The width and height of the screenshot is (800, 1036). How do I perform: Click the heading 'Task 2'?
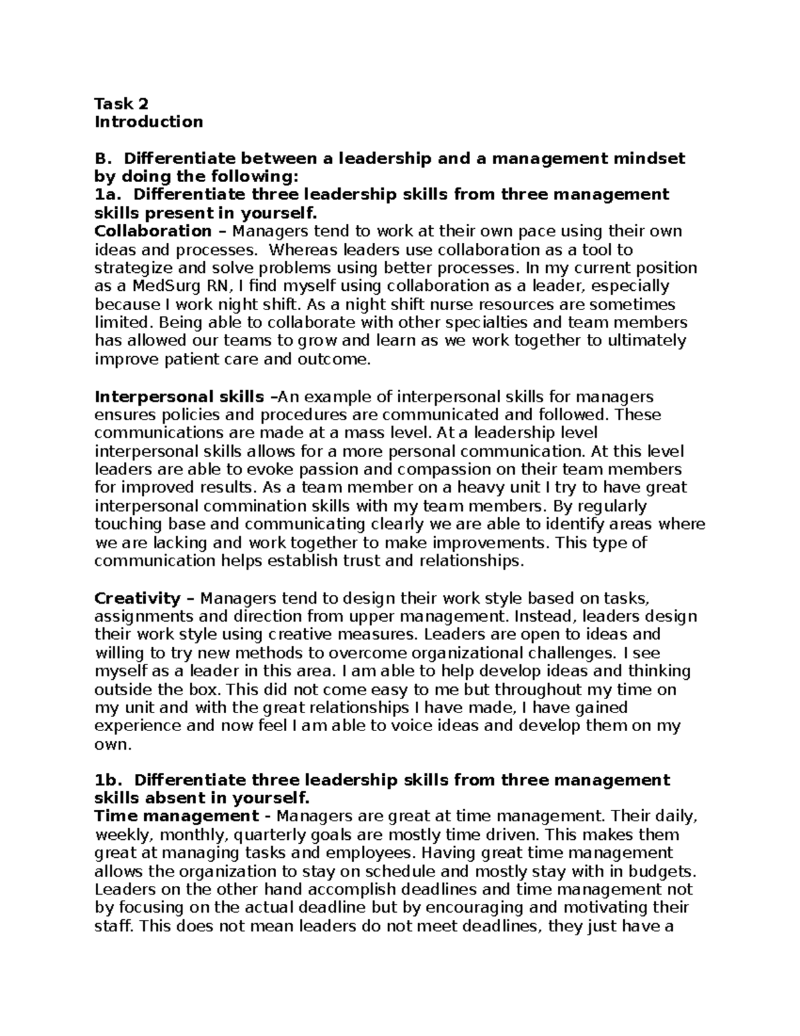121,103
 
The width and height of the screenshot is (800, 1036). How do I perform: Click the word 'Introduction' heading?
149,121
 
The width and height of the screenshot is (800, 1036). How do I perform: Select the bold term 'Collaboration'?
153,231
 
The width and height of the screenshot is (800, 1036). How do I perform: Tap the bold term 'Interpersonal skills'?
179,397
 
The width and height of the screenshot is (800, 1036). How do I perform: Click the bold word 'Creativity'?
137,598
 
